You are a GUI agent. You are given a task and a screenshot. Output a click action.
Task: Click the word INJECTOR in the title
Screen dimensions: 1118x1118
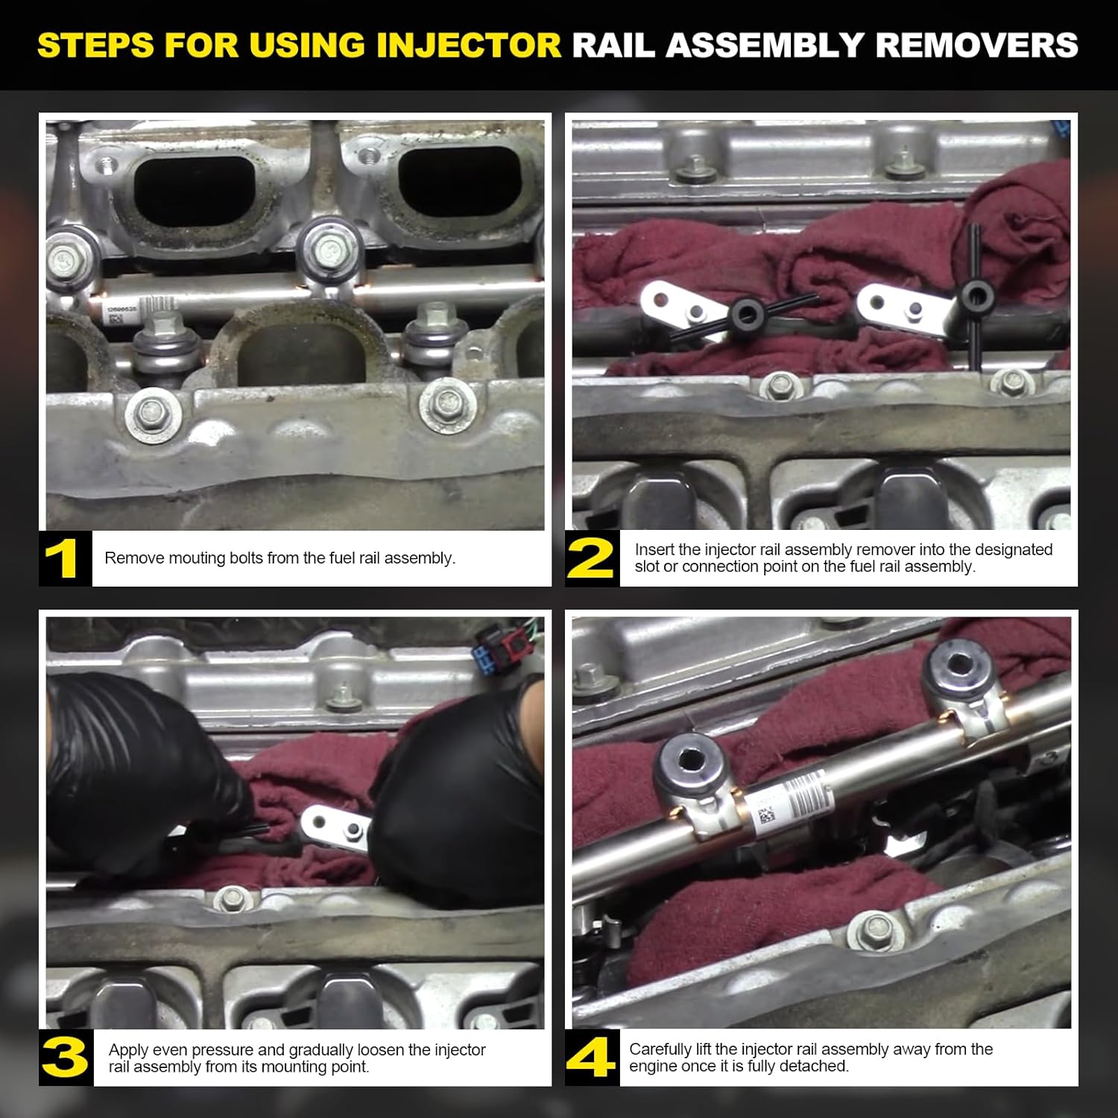tap(469, 45)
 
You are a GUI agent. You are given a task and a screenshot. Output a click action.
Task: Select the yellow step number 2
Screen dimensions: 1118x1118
tap(591, 559)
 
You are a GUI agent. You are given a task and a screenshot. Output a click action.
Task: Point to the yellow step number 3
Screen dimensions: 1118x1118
tap(65, 1058)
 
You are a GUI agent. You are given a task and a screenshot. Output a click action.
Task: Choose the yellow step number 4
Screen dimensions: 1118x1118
tap(591, 1058)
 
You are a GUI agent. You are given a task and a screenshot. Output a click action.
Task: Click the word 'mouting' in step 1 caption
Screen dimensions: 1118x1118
tap(198, 558)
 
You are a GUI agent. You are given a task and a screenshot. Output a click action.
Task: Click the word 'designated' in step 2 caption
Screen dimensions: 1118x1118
tap(1014, 549)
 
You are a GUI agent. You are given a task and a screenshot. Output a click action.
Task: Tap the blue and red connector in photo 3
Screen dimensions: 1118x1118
tap(498, 648)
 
